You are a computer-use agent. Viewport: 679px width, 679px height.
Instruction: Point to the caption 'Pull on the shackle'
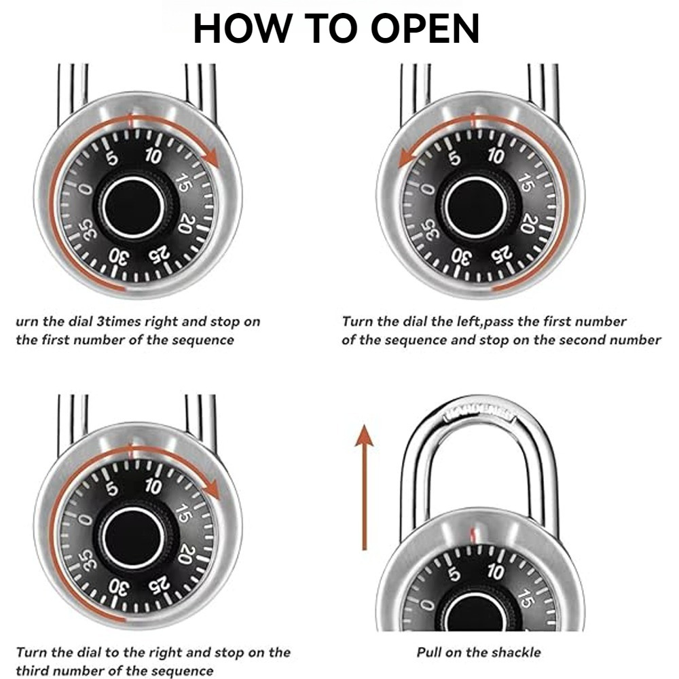pyautogui.click(x=479, y=653)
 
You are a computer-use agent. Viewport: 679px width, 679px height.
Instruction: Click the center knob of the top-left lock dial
pyautogui.click(x=134, y=208)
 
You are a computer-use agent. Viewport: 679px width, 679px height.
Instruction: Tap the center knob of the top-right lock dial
pyautogui.click(x=476, y=208)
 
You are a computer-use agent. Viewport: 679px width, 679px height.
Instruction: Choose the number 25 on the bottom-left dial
pyautogui.click(x=159, y=585)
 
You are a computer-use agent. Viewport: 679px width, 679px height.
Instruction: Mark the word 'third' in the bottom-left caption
pyautogui.click(x=33, y=672)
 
